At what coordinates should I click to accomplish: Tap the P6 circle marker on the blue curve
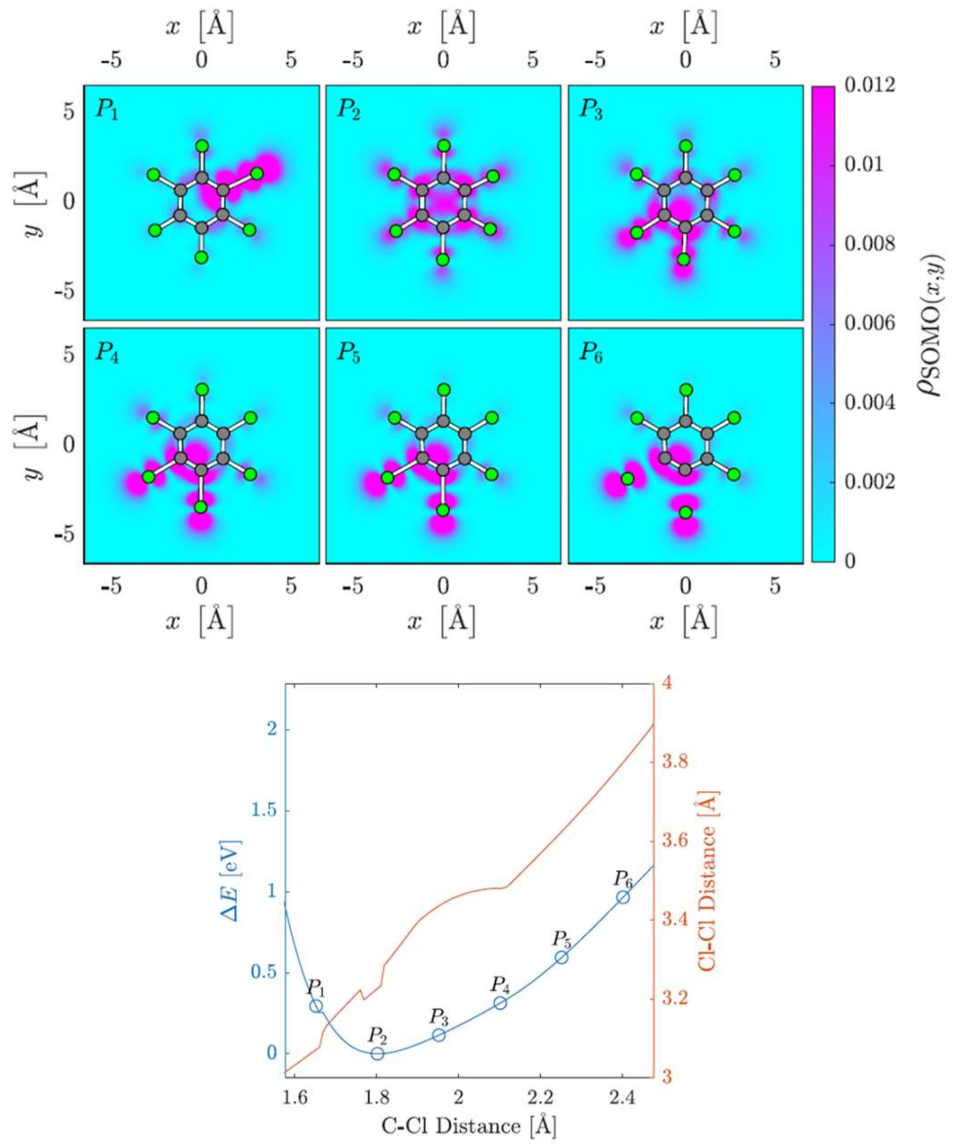pyautogui.click(x=623, y=897)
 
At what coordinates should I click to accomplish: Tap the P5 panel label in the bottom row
pyautogui.click(x=348, y=353)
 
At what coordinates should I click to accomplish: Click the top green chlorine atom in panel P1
pyautogui.click(x=202, y=146)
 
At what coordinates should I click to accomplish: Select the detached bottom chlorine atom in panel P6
pyautogui.click(x=685, y=512)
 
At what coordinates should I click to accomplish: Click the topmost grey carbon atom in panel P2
pyautogui.click(x=444, y=178)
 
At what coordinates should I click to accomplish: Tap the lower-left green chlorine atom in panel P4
pyautogui.click(x=148, y=477)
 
